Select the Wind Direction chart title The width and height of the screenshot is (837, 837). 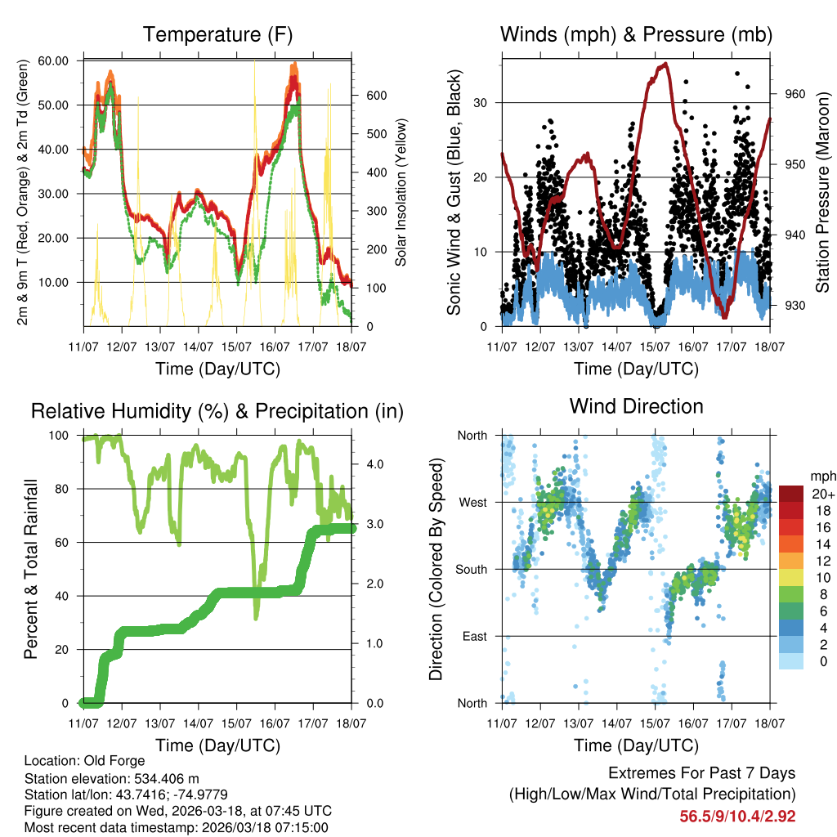[636, 405]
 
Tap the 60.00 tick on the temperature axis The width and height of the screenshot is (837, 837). [54, 60]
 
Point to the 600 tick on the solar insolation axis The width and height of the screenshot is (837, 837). [376, 96]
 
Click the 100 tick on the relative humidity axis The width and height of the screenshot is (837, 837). [60, 436]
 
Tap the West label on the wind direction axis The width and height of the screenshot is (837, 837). [472, 503]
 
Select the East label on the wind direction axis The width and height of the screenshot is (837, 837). [473, 637]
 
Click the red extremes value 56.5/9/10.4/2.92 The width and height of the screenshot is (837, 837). [737, 816]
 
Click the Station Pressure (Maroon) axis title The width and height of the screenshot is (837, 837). [822, 193]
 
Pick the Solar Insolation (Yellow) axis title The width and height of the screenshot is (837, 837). [401, 193]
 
